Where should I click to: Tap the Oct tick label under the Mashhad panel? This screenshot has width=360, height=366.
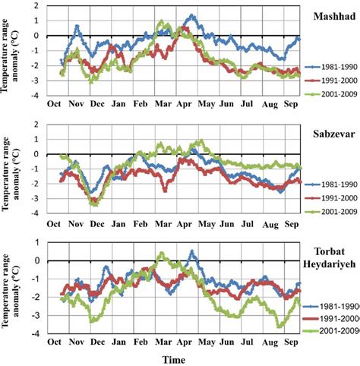(55, 104)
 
